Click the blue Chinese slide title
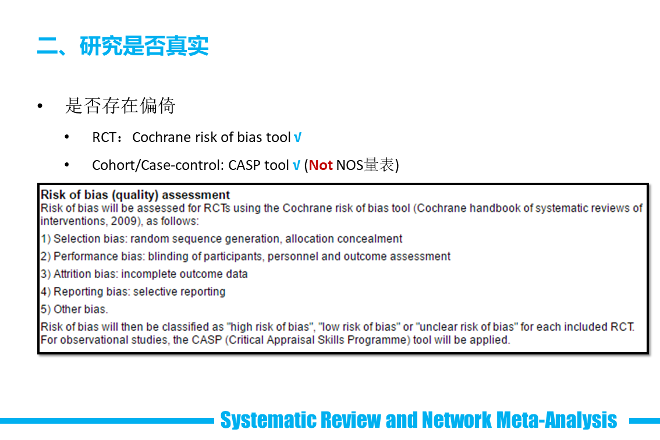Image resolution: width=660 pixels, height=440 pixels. click(123, 46)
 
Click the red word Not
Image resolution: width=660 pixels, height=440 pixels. click(321, 165)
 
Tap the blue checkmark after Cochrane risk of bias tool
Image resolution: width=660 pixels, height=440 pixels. click(297, 137)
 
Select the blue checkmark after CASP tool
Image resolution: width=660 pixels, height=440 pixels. click(296, 165)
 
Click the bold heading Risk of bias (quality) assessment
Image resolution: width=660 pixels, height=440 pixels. click(135, 195)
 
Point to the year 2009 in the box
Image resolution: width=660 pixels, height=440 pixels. click(124, 221)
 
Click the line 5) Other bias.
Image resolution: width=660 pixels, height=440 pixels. click(74, 310)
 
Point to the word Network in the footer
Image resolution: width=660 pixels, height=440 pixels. click(456, 420)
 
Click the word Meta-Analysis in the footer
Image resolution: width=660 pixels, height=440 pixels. click(556, 420)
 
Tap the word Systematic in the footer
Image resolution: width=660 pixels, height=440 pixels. click(268, 420)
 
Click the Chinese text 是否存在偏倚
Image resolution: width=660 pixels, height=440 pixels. click(120, 106)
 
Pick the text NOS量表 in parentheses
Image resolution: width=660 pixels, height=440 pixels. click(365, 165)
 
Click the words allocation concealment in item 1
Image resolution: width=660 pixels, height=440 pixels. click(344, 239)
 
